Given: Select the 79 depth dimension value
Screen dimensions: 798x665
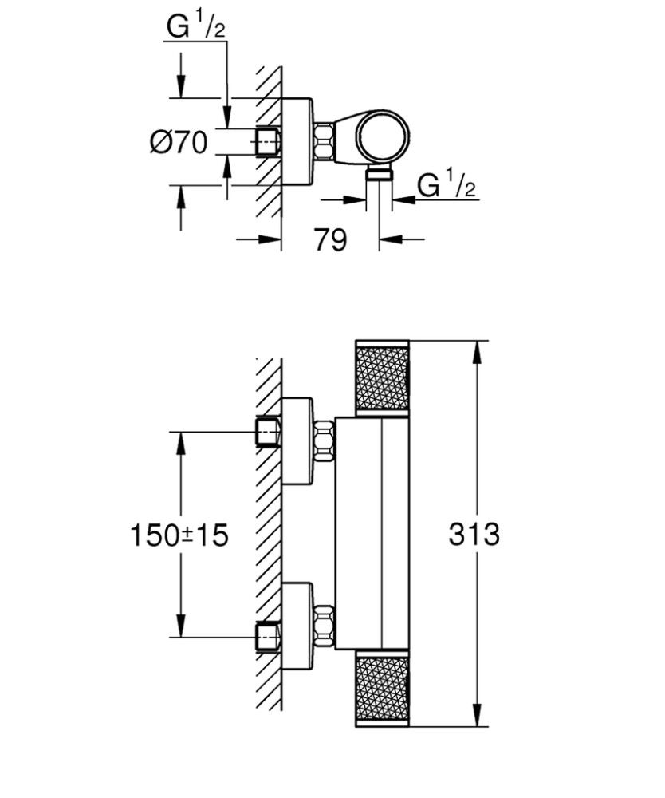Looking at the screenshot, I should [330, 239].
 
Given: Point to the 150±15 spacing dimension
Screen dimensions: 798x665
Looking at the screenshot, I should [179, 535].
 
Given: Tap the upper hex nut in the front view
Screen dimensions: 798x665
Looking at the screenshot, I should [325, 440].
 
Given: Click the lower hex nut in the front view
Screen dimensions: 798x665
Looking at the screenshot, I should [325, 626].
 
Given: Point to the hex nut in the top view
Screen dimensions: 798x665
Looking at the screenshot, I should [325, 142].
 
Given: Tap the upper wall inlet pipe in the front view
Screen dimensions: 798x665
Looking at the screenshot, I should [267, 432].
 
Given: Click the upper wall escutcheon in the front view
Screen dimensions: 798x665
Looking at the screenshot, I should [298, 440].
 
